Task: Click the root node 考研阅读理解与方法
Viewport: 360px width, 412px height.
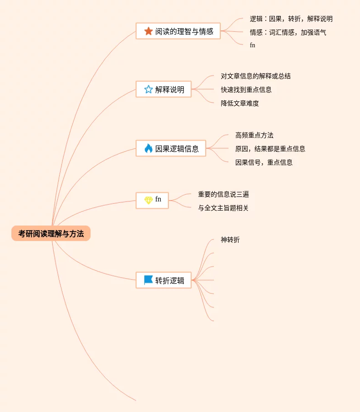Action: [x=51, y=234]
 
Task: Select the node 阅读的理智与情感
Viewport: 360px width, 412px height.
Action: [x=178, y=31]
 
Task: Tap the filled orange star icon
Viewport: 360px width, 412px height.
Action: [x=148, y=31]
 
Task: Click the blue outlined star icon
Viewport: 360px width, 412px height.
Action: [x=148, y=90]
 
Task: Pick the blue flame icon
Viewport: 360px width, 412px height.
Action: [x=148, y=148]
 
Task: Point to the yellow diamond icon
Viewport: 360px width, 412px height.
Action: [x=148, y=200]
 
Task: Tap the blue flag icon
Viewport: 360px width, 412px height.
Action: [x=148, y=280]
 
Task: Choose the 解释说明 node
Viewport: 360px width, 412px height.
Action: [x=163, y=90]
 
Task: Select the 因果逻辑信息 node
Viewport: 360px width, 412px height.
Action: [x=171, y=149]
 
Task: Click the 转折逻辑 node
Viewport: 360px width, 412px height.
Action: [x=163, y=281]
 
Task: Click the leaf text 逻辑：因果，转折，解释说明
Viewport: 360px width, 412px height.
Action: [x=291, y=19]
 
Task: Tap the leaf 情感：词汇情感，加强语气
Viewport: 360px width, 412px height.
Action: [x=288, y=32]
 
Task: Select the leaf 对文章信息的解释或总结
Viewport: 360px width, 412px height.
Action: [x=256, y=76]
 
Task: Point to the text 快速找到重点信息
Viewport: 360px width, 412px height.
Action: [x=246, y=90]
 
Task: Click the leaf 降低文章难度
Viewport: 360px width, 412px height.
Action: [x=240, y=103]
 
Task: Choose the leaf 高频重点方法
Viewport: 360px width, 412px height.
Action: [x=254, y=135]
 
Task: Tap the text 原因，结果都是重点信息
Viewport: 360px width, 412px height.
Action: [x=270, y=149]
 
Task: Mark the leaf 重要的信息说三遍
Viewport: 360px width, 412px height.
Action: [x=223, y=194]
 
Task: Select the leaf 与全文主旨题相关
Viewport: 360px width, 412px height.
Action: [x=223, y=208]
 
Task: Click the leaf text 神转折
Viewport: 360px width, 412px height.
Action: [x=230, y=240]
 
